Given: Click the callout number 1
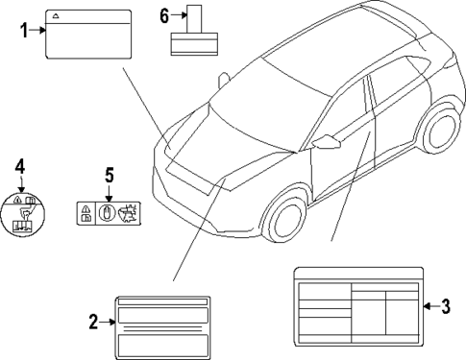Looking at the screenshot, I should tap(24, 31).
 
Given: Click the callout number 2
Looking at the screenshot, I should tap(93, 323).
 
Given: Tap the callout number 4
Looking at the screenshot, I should tap(19, 169).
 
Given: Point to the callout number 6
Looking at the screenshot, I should tap(163, 15).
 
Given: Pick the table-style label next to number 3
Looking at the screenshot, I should tap(358, 305).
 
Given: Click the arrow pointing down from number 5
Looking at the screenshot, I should tap(109, 190).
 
